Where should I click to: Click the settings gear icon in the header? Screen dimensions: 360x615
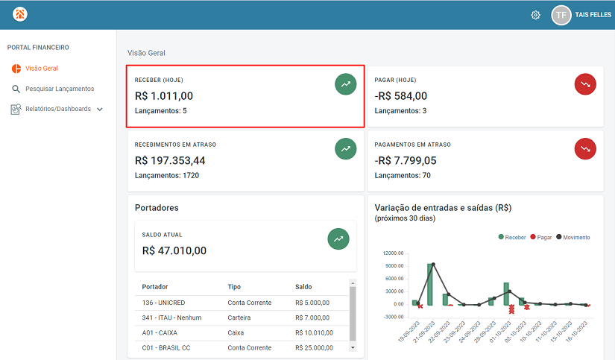coord(535,15)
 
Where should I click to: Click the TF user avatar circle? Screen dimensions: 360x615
coord(561,15)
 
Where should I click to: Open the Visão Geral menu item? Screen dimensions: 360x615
coord(41,69)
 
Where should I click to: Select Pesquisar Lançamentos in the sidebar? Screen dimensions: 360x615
coord(60,89)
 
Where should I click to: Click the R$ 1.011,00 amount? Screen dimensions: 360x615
coord(164,95)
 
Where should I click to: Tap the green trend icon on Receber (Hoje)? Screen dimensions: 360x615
coord(345,84)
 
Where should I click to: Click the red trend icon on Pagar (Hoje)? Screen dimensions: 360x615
coord(585,84)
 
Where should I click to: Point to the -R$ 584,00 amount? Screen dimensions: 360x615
coord(401,95)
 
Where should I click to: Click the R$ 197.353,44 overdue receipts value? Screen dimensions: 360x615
coord(170,160)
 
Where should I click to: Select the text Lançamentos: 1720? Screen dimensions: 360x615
coord(167,176)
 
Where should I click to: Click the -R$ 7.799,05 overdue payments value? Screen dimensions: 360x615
coord(406,160)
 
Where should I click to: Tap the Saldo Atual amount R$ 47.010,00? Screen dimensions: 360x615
coord(174,250)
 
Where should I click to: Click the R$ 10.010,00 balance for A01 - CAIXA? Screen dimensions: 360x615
coord(314,332)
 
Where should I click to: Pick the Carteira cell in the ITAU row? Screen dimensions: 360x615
coord(240,318)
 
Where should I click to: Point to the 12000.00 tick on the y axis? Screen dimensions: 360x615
coord(393,253)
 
